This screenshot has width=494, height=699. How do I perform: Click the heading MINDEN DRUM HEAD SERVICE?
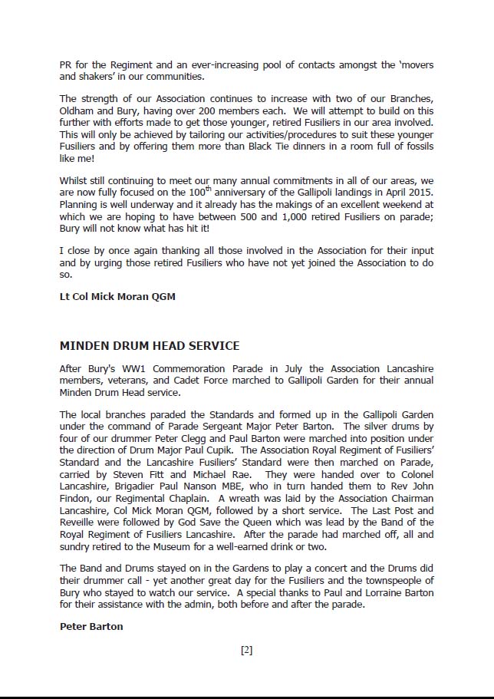[x=149, y=346]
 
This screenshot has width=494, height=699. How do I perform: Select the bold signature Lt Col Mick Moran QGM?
[x=117, y=296]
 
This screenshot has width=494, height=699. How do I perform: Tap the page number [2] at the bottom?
[x=246, y=650]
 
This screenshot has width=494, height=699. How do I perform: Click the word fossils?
[x=415, y=147]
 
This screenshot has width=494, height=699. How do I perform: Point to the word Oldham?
[x=77, y=111]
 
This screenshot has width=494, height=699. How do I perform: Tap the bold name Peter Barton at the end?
[x=91, y=627]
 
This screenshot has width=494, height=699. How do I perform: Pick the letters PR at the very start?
[x=66, y=64]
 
